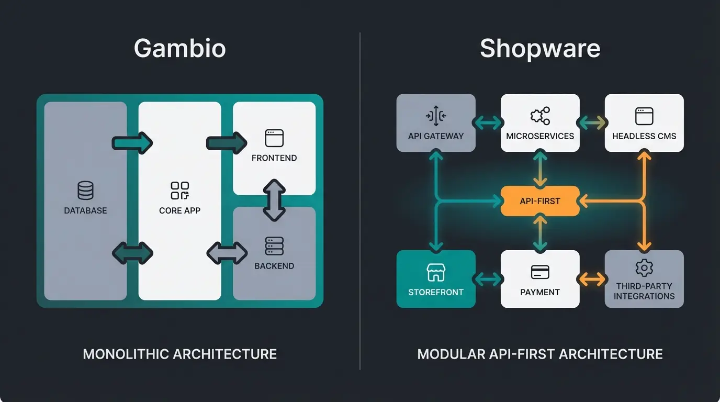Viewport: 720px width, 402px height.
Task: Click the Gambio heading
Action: tap(179, 49)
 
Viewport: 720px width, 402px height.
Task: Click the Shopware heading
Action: tap(539, 49)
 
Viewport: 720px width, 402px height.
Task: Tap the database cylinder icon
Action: tap(85, 191)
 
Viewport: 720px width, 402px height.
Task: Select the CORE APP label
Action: tap(179, 210)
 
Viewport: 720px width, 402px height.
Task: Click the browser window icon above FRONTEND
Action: tap(274, 138)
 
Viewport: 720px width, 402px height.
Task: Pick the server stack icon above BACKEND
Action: tap(274, 246)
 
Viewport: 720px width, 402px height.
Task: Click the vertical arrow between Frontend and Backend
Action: tap(274, 200)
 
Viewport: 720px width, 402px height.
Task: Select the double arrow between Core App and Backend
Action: tap(227, 253)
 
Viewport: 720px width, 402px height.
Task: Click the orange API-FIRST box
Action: tap(539, 201)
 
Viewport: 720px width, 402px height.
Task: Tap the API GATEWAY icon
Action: tap(436, 116)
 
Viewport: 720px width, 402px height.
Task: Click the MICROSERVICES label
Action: tap(539, 136)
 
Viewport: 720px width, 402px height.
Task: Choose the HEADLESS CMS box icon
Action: tap(644, 116)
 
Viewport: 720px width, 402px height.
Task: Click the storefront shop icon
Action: tap(436, 272)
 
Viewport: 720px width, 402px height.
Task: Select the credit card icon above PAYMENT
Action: tap(539, 272)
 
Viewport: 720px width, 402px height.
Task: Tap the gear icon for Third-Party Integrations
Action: tap(644, 268)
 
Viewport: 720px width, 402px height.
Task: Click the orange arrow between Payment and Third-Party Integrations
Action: tap(592, 279)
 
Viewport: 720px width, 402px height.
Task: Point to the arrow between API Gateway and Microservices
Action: tap(488, 122)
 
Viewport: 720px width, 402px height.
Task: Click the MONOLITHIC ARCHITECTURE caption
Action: tap(179, 354)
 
